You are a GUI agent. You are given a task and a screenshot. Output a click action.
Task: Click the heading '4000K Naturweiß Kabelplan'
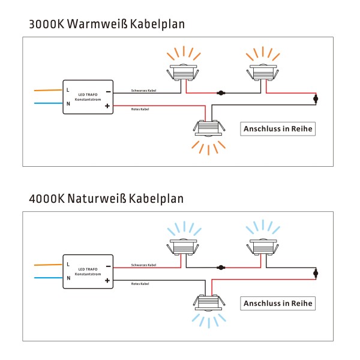[106, 198]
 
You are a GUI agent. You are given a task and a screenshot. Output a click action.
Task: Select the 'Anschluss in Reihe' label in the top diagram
[278, 129]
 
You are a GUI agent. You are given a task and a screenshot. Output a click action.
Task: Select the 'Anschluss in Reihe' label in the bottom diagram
[278, 304]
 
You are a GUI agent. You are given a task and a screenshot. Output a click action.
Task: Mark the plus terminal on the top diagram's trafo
[108, 107]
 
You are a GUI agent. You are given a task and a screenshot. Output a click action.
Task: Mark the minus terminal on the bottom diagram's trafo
[108, 265]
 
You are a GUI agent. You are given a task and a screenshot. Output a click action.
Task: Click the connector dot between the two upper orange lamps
[221, 94]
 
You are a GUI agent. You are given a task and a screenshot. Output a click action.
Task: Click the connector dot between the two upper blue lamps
[221, 268]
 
